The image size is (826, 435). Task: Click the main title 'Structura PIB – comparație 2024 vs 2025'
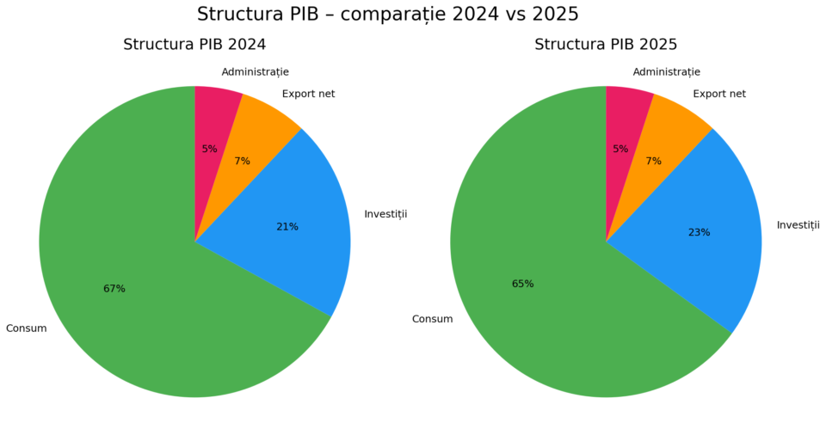(x=387, y=15)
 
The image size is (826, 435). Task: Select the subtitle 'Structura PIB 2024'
(x=194, y=45)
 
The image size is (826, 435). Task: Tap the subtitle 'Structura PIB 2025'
(x=606, y=45)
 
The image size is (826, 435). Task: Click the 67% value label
(x=114, y=289)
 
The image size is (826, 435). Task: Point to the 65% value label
(x=523, y=284)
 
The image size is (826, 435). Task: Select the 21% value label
(x=287, y=227)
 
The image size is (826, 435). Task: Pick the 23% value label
(x=700, y=232)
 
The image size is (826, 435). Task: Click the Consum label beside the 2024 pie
(x=26, y=328)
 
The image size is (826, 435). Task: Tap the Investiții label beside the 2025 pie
(x=798, y=225)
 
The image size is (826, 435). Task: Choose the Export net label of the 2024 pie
(x=308, y=94)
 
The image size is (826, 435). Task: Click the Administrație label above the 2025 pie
(x=666, y=72)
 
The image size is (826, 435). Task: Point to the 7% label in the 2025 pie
(x=654, y=161)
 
